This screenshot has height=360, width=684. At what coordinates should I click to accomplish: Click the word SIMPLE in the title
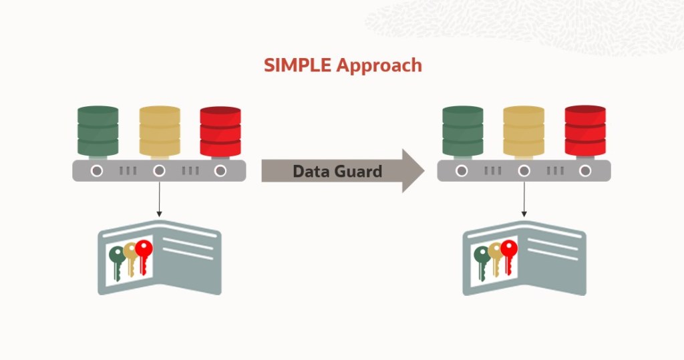(297, 65)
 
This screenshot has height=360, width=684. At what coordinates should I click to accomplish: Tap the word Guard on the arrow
(356, 171)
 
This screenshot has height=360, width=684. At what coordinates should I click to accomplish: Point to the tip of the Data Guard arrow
(423, 171)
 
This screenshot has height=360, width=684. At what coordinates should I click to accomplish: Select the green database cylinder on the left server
(98, 131)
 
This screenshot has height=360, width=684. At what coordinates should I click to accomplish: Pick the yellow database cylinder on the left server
(160, 131)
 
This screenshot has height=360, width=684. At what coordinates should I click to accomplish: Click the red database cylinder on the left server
(220, 131)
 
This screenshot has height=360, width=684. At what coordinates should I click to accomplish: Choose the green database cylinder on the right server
(463, 131)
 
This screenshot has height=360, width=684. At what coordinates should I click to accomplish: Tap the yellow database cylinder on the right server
(524, 131)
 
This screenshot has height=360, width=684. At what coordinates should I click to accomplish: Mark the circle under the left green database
(98, 171)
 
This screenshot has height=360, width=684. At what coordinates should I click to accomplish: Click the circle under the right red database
(585, 171)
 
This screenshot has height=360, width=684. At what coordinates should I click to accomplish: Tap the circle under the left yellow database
(159, 171)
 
